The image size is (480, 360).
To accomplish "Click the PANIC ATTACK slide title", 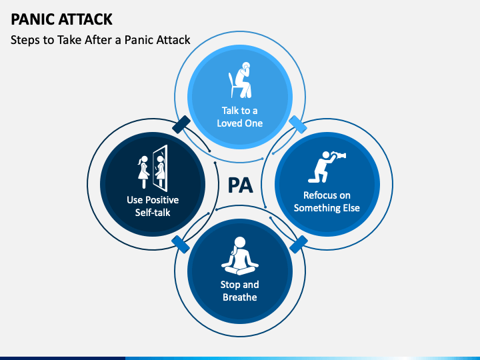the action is (61, 19).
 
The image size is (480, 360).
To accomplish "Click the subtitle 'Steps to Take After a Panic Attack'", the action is (101, 40).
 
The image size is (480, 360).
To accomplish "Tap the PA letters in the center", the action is (240, 185).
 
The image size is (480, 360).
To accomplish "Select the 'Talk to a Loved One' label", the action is (240, 117).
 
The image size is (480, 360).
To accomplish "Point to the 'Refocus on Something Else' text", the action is (327, 201).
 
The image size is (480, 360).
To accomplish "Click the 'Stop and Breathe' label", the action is (240, 291).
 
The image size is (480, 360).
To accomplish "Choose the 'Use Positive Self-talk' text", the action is (153, 206).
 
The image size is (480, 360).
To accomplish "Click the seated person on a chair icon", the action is (240, 80).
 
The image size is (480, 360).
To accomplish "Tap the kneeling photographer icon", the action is (327, 167).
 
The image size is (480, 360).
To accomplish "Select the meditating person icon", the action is (240, 255).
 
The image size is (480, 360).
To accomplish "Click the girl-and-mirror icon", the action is (153, 169).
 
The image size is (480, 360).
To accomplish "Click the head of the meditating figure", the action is (240, 243).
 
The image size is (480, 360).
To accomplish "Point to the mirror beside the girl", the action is (161, 169).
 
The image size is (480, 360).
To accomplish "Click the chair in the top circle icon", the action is (233, 85).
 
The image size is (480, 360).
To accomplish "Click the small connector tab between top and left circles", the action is (181, 125).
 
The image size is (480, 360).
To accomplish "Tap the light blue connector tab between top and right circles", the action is (298, 125).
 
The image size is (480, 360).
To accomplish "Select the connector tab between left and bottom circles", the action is (181, 244).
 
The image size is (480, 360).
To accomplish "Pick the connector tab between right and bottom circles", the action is (299, 244).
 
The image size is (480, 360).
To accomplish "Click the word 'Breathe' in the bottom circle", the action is (240, 297).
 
